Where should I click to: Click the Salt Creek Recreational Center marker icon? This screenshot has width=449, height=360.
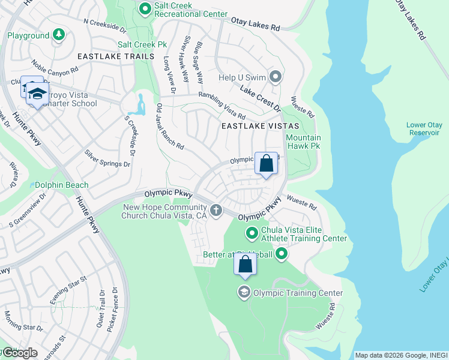145,8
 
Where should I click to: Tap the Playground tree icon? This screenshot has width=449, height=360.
59,36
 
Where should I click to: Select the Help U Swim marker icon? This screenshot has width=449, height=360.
276,77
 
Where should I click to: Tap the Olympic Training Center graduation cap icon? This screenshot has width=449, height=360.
244,293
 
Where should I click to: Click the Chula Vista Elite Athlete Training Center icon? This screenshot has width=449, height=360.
252,232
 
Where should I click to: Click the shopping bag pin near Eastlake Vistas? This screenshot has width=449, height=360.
266,163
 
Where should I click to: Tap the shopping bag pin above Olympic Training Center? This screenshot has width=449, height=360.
245,264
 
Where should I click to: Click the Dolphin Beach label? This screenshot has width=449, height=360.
61,185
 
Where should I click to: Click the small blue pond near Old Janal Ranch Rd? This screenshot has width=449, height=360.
142,106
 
